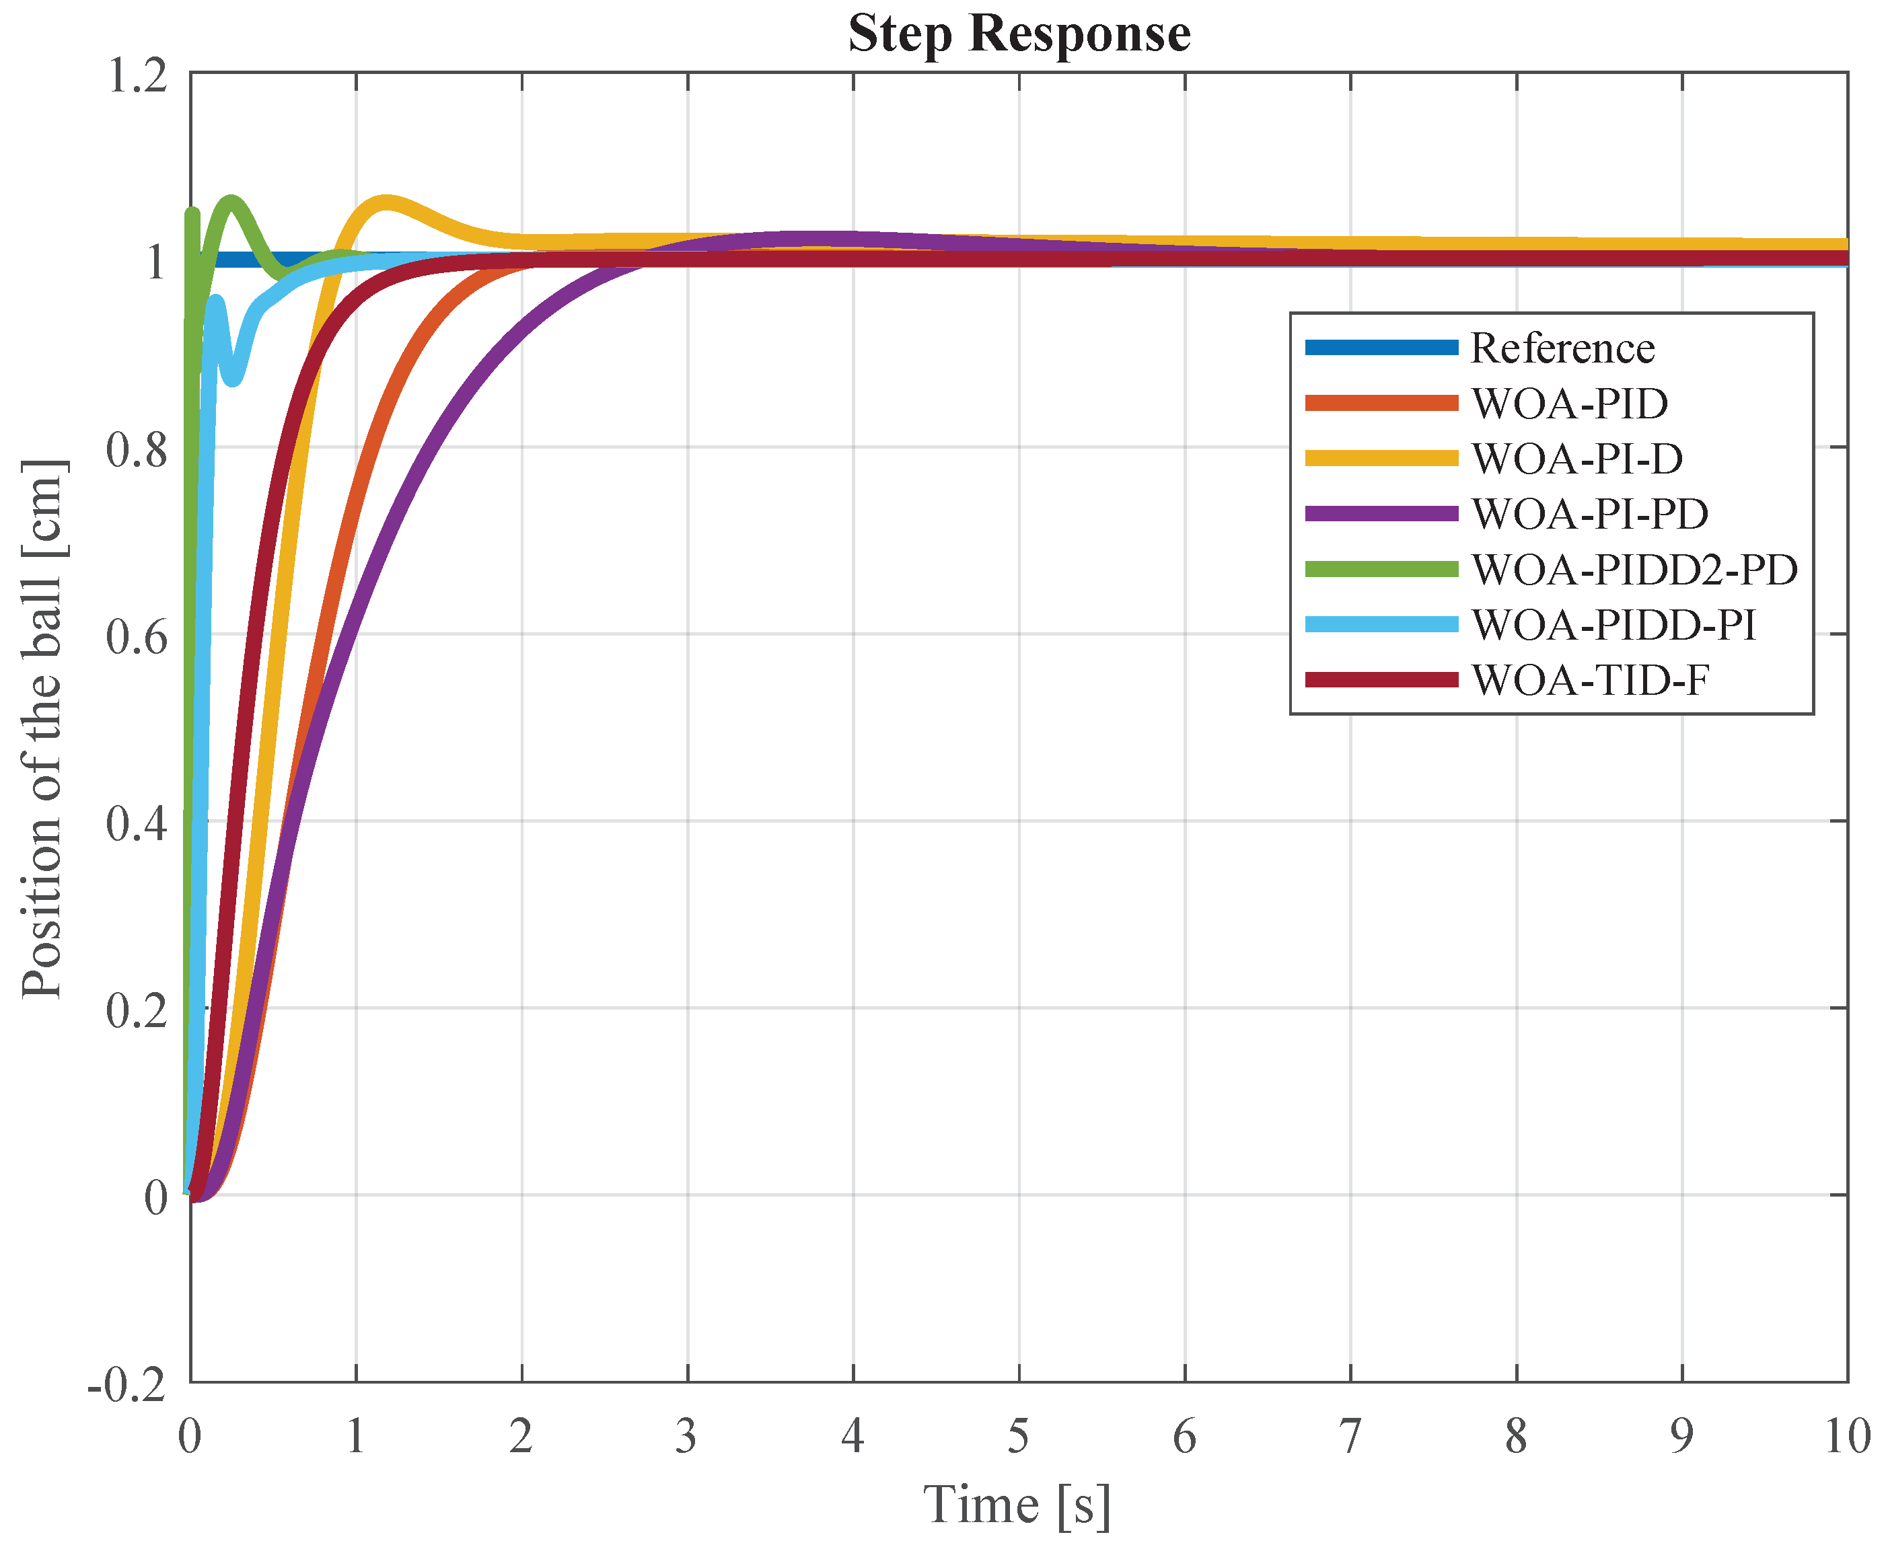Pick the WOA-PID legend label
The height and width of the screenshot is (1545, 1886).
pyautogui.click(x=1568, y=403)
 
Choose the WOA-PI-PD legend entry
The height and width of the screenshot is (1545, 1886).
pyautogui.click(x=1589, y=513)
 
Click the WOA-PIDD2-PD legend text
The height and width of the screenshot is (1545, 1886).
pyautogui.click(x=1633, y=570)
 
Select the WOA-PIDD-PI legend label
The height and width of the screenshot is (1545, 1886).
pyautogui.click(x=1613, y=625)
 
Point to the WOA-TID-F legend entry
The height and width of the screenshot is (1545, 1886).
pyautogui.click(x=1589, y=680)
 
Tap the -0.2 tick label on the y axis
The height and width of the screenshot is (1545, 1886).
pyautogui.click(x=127, y=1386)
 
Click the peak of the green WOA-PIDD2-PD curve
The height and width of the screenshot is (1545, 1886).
pyautogui.click(x=232, y=202)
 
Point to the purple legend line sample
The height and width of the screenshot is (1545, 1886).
pyautogui.click(x=1381, y=513)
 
